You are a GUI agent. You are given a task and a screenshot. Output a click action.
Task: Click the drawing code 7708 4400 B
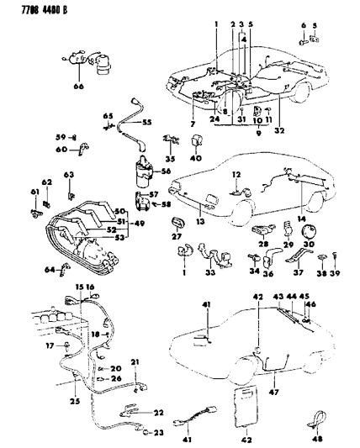coord(34,11)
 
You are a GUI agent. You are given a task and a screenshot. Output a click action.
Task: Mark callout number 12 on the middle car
coord(238,174)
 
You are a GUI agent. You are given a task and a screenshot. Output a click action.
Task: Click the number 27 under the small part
coord(177,238)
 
